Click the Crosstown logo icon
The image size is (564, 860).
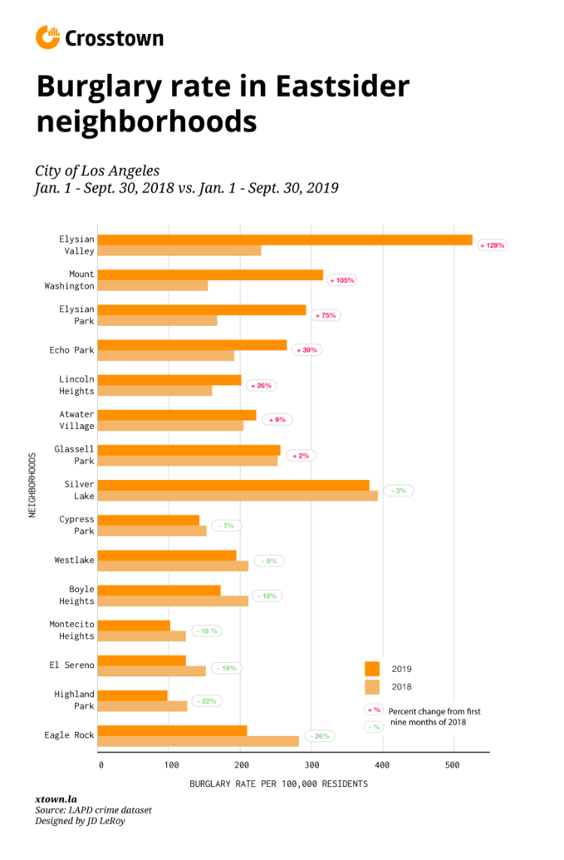[x=47, y=37]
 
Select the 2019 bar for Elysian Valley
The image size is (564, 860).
[x=285, y=240]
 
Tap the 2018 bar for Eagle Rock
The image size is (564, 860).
[x=199, y=741]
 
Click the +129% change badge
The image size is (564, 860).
[x=493, y=245]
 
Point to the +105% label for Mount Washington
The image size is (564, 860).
[x=341, y=280]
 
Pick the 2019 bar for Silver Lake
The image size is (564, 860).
[x=234, y=485]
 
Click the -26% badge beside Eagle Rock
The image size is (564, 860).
[x=320, y=736]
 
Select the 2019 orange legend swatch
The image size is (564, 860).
[x=372, y=669]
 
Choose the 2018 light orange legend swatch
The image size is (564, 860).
[x=372, y=687]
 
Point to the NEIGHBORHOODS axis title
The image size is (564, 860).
[x=32, y=484]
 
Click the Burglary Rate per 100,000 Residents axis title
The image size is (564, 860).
[x=279, y=784]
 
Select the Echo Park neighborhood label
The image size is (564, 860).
[x=72, y=351]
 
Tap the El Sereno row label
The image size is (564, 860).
[x=72, y=665]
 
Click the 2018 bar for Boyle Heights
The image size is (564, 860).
[x=173, y=601]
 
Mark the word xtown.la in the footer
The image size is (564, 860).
[x=56, y=799]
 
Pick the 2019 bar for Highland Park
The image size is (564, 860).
[x=132, y=695]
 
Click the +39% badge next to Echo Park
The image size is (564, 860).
[x=306, y=351]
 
